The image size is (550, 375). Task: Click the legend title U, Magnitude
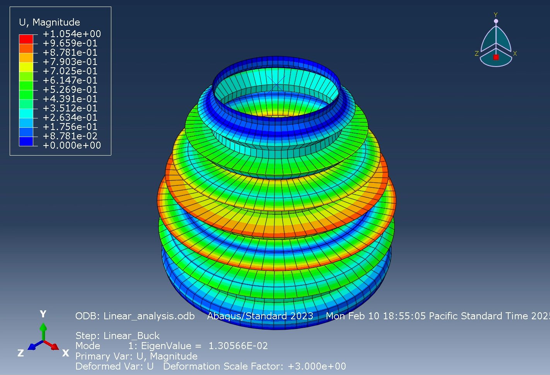[49, 22]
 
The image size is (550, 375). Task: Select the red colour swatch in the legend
[26, 39]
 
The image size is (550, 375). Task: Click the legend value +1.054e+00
[72, 34]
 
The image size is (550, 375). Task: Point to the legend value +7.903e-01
[70, 62]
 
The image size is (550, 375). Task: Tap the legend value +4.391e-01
[70, 99]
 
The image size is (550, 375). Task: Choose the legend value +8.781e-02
[70, 136]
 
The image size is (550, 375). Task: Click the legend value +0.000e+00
[72, 146]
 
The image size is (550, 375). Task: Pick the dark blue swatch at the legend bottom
[26, 141]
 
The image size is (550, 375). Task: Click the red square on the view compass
[496, 57]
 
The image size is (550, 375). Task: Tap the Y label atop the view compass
[496, 15]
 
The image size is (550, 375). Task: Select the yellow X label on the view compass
[515, 53]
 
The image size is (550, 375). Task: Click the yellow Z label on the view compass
[477, 53]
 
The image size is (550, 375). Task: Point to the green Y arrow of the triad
[43, 331]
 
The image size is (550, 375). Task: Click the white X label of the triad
[66, 353]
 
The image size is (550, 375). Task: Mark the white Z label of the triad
[21, 353]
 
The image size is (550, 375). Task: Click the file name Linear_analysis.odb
[149, 316]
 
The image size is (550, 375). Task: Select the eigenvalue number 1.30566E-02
[238, 346]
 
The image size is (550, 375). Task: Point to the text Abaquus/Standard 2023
[260, 316]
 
